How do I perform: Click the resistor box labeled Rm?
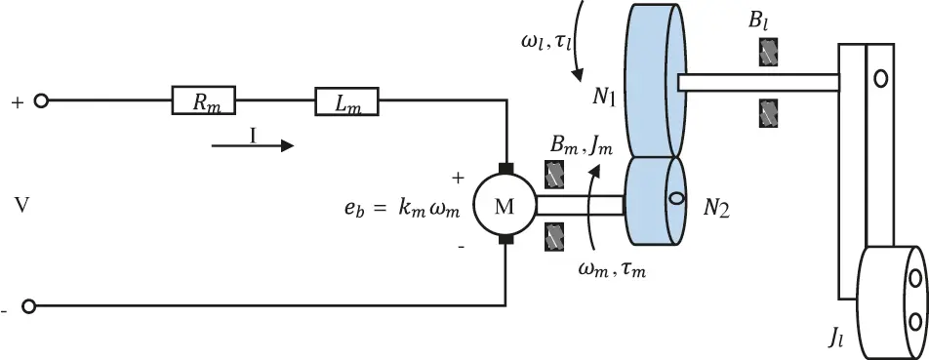(x=205, y=100)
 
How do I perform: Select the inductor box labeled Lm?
(x=346, y=100)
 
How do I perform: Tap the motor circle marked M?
(x=504, y=204)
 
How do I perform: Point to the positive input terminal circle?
(x=41, y=100)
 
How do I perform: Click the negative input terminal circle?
(x=28, y=306)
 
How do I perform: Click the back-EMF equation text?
(x=399, y=207)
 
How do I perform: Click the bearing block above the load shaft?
(x=768, y=52)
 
